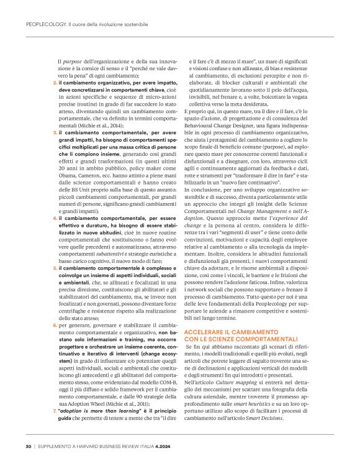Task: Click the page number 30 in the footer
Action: (x=29, y=445)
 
